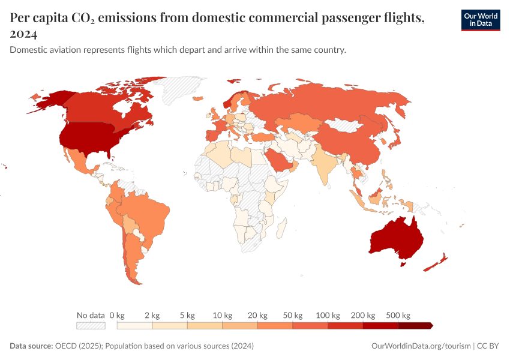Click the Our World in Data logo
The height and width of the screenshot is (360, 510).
[480, 20]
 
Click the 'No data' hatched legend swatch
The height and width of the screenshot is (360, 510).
[90, 325]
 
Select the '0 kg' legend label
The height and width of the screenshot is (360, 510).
[116, 315]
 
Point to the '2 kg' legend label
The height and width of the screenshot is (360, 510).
[152, 315]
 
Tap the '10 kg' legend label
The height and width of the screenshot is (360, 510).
[222, 315]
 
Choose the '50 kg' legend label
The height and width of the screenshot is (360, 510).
[292, 315]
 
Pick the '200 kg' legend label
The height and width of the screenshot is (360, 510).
[363, 315]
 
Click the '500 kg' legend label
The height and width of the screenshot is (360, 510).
[398, 315]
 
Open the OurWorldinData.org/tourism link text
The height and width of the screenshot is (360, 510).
[421, 346]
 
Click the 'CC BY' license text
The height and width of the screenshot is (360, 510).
[488, 346]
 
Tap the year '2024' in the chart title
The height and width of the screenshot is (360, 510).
[24, 34]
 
